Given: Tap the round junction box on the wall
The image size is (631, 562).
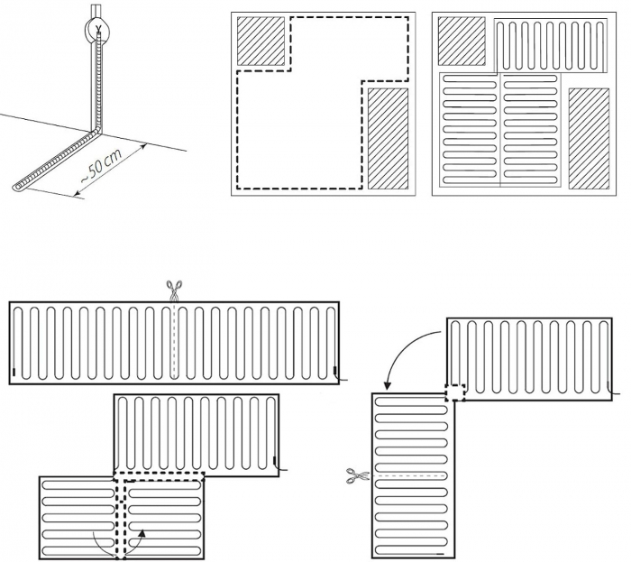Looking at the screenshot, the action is [x=97, y=30].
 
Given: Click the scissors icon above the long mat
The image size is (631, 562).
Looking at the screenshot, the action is [x=174, y=290].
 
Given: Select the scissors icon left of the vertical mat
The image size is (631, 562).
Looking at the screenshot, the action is [x=358, y=475].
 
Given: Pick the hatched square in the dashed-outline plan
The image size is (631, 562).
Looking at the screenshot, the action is [x=261, y=41].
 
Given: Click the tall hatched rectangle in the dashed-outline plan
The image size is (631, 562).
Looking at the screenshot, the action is [x=388, y=139].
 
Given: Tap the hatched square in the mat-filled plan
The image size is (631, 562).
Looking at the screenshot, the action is [x=462, y=41].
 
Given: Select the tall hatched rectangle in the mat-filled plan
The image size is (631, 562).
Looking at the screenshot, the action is [x=589, y=139].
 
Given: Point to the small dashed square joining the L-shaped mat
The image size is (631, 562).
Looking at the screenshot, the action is [x=455, y=392].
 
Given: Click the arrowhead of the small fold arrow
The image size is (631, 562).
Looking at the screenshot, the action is [x=142, y=533].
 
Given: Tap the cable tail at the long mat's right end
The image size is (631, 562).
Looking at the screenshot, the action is [x=341, y=378].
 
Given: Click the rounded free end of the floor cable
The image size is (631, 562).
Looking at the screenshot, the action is [x=16, y=187].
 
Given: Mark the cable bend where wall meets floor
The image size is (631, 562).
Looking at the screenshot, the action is [x=96, y=131].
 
